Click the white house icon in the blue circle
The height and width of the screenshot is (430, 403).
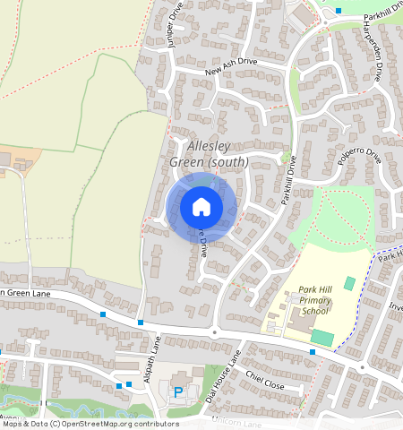tap(201, 208)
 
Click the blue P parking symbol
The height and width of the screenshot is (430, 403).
tap(177, 391)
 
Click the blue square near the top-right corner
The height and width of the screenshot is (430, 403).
tap(339, 11)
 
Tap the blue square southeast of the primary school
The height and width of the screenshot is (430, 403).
tap(312, 352)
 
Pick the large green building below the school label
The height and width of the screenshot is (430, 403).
tap(322, 338)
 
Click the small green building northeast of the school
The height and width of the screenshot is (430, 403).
tap(349, 283)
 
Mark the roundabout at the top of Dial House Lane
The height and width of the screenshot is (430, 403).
tap(214, 332)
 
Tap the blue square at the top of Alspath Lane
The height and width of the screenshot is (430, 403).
tap(141, 322)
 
